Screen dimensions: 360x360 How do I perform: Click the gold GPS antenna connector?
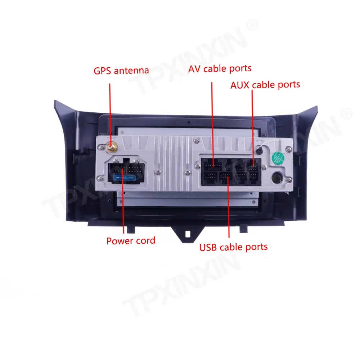point(112,147)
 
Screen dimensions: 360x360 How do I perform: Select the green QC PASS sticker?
point(278,158)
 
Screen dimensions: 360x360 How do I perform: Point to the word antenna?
point(131,71)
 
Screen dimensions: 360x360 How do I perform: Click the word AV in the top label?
point(194,69)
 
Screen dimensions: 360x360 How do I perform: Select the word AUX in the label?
point(240,85)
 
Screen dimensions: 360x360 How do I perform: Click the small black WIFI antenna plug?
point(259,151)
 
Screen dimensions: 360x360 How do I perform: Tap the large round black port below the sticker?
point(277,178)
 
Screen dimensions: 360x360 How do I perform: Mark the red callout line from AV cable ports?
point(213,124)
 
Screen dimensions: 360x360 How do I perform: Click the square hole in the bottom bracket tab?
point(188,234)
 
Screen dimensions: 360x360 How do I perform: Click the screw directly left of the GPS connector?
point(101,148)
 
